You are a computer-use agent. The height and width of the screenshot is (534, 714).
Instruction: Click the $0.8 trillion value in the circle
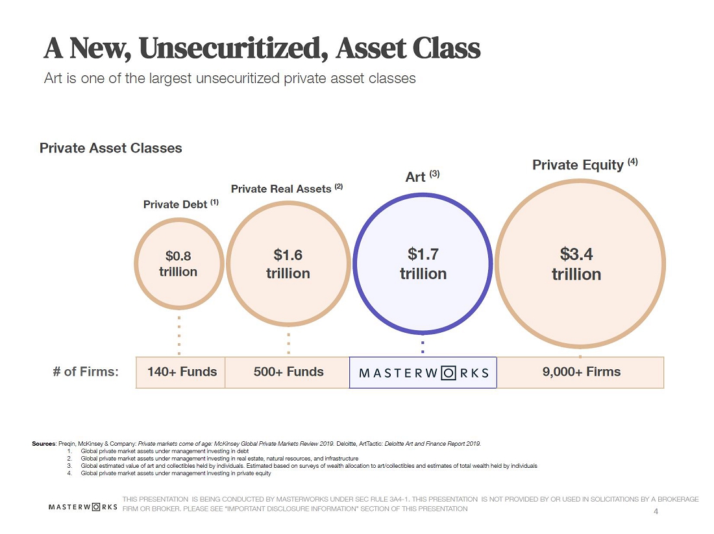[x=178, y=263]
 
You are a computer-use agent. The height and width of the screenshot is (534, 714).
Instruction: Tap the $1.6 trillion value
[x=288, y=263]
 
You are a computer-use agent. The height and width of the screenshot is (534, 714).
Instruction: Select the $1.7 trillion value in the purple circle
[x=423, y=263]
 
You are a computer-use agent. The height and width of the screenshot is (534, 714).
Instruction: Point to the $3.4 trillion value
[x=576, y=264]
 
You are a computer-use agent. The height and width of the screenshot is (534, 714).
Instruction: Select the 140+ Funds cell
[x=180, y=372]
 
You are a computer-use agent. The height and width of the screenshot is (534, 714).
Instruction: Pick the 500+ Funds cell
[x=288, y=372]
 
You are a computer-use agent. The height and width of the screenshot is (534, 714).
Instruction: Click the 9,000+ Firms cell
[x=580, y=372]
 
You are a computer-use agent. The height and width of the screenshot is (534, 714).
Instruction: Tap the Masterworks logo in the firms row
[x=423, y=373]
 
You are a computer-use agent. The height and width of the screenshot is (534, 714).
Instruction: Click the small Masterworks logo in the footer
[x=83, y=507]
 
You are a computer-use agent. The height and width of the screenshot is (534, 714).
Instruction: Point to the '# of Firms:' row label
[x=86, y=372]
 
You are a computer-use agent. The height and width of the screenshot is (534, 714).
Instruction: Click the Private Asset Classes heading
[x=110, y=148]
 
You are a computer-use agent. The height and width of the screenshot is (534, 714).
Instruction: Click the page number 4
[x=656, y=511]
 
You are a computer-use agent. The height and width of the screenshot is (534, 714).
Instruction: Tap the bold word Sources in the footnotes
[x=43, y=443]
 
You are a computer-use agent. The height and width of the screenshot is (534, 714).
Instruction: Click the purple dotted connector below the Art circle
[x=423, y=347]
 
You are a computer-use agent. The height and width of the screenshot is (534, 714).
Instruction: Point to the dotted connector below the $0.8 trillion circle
[x=179, y=335]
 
